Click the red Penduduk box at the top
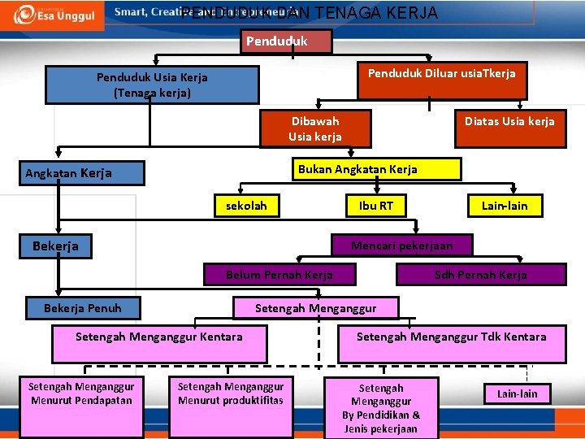(286, 41)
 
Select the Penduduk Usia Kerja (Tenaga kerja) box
(152, 85)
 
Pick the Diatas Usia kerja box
(509, 128)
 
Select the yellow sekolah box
(246, 206)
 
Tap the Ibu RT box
(375, 206)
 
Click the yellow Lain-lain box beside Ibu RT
(504, 206)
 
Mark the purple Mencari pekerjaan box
(401, 246)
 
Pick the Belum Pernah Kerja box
(279, 275)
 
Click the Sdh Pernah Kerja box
(480, 275)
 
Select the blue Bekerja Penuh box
(82, 308)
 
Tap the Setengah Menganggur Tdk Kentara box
(452, 344)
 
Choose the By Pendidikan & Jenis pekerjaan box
(381, 407)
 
